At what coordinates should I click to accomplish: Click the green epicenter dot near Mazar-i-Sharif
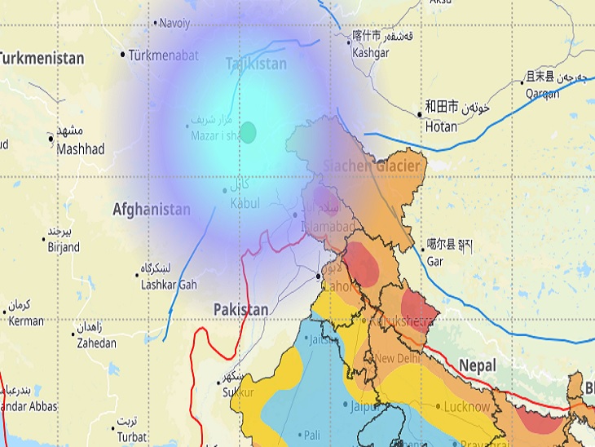click(x=248, y=132)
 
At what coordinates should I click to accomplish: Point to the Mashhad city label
click(x=81, y=149)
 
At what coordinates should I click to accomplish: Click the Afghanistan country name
click(x=152, y=210)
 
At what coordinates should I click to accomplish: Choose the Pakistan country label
click(x=240, y=310)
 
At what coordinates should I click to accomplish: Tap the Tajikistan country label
click(x=256, y=64)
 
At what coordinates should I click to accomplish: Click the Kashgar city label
click(x=370, y=53)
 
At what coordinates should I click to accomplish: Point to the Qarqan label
click(x=541, y=94)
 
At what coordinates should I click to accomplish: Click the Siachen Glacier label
click(x=372, y=166)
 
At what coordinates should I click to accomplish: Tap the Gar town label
click(x=435, y=262)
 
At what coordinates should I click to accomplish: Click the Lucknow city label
click(x=468, y=406)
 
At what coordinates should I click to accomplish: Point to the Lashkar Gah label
click(x=168, y=285)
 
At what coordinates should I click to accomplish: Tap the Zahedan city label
click(x=97, y=344)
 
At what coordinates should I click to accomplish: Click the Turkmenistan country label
click(x=42, y=59)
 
